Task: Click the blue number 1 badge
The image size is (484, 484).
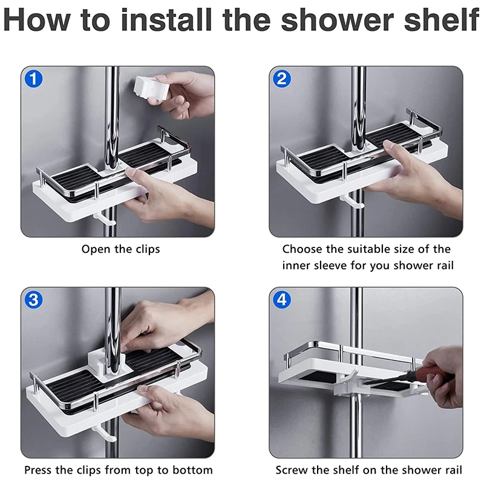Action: pyautogui.click(x=33, y=79)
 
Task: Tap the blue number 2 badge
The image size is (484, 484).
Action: pyautogui.click(x=282, y=79)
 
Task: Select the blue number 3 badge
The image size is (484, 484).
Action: pyautogui.click(x=33, y=299)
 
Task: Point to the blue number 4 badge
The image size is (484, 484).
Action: pyautogui.click(x=282, y=299)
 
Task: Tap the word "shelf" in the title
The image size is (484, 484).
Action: pyautogui.click(x=441, y=19)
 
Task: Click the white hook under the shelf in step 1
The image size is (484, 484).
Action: pyautogui.click(x=105, y=218)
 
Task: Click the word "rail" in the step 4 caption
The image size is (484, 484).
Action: pyautogui.click(x=453, y=470)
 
